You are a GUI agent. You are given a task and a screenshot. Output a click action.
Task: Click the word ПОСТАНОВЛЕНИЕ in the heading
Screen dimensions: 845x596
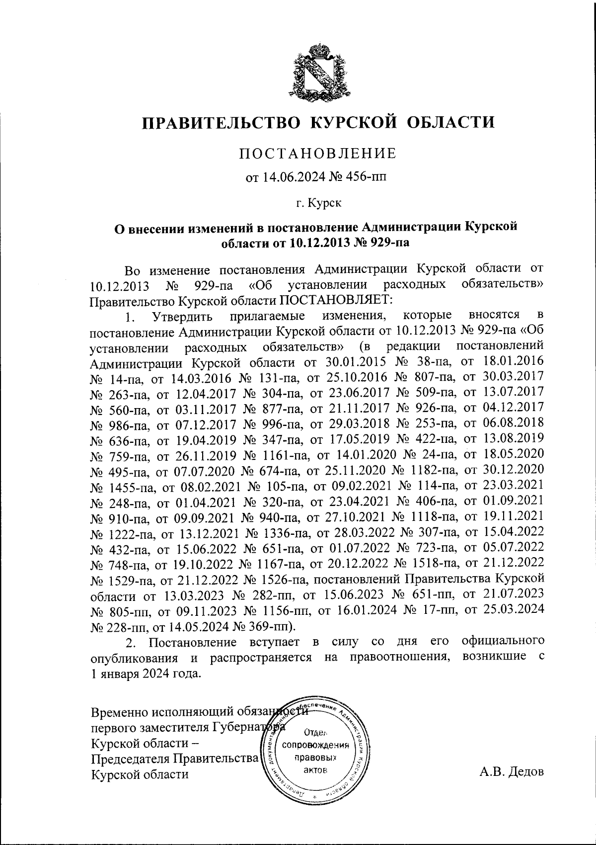pyautogui.click(x=318, y=154)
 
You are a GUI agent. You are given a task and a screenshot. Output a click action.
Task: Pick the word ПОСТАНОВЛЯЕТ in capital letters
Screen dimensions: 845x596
pyautogui.click(x=336, y=300)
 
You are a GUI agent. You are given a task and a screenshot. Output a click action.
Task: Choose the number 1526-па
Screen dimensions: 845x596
pyautogui.click(x=287, y=579)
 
